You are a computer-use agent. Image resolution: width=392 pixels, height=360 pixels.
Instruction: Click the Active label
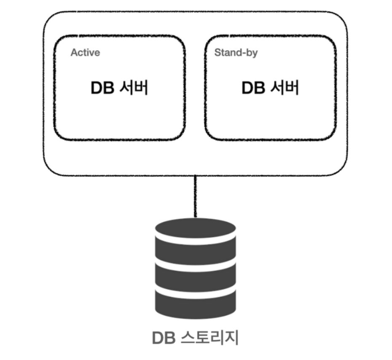[85, 53]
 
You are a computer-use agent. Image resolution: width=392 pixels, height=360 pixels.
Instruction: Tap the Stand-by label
[236, 53]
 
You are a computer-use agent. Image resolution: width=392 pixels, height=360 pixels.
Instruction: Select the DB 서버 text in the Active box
[119, 88]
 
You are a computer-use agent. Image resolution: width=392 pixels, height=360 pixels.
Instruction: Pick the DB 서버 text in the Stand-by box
[270, 88]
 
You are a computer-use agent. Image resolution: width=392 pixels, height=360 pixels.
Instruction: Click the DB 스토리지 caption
[195, 338]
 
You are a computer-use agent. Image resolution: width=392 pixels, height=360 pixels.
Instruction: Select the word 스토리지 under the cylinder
[209, 338]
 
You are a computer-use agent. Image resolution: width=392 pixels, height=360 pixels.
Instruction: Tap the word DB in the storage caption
[163, 338]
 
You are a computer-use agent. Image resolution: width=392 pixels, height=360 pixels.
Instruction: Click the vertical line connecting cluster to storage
[195, 196]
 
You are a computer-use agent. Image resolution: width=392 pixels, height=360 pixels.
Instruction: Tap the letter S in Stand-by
[217, 53]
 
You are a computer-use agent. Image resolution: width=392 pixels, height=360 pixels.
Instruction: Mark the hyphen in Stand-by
[244, 54]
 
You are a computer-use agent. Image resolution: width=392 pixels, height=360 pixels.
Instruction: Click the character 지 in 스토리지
[231, 338]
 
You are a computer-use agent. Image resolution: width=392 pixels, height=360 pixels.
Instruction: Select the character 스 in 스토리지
[188, 338]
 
